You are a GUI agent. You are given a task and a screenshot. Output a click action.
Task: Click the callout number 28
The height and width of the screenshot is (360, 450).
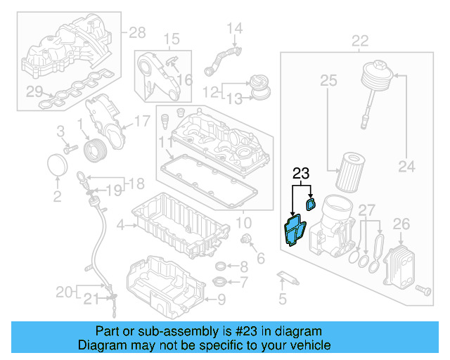point(137,32)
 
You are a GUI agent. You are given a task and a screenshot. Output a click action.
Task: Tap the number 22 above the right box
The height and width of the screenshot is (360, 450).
point(359,39)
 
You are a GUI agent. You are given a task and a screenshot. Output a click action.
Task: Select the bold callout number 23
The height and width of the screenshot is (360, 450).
point(301,173)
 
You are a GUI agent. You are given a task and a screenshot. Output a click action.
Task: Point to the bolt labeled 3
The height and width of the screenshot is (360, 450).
point(70,149)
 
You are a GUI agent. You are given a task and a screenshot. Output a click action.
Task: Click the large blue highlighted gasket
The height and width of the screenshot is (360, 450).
point(293,231)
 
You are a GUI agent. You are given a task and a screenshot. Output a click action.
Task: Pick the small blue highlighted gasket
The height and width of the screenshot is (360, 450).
point(311,204)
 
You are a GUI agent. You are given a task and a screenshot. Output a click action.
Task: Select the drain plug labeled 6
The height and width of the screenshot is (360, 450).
point(247,241)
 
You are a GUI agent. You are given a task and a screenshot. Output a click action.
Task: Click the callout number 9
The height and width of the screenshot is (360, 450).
point(221,301)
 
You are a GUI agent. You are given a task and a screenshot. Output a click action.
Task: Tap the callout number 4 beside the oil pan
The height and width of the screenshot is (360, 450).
point(120,226)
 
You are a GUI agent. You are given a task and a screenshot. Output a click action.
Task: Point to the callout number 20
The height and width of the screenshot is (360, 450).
point(63,291)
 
